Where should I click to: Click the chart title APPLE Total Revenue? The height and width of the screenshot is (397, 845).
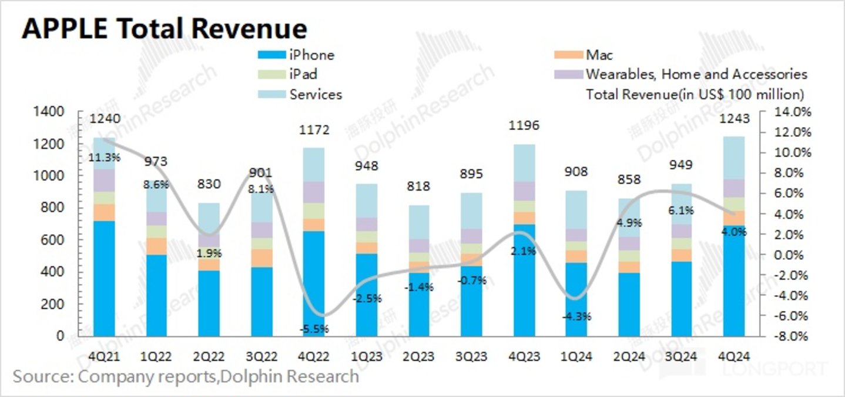(x=164, y=28)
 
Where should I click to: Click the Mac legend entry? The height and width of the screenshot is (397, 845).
(x=599, y=55)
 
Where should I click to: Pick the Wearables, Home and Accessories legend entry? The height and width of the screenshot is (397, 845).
(x=696, y=75)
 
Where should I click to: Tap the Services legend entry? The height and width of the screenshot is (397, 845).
(x=316, y=94)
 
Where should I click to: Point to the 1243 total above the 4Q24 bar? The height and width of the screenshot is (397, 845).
(x=735, y=119)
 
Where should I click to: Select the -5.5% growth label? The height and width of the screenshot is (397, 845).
(x=314, y=329)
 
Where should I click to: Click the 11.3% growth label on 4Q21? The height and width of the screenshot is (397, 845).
(x=105, y=157)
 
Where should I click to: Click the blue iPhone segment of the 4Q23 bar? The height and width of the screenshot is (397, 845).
(x=524, y=282)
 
